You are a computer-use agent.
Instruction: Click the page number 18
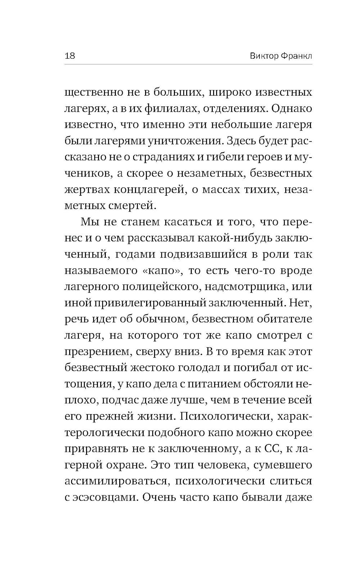(x=69, y=56)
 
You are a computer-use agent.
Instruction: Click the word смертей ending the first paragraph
(x=133, y=206)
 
